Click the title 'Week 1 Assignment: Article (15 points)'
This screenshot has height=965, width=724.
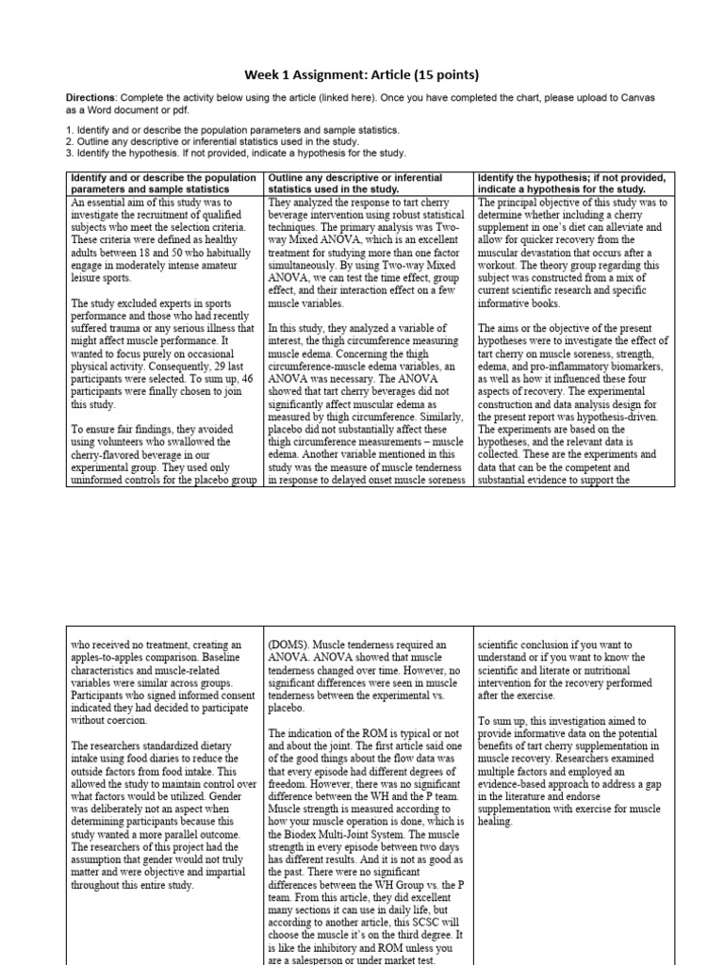point(362,74)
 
